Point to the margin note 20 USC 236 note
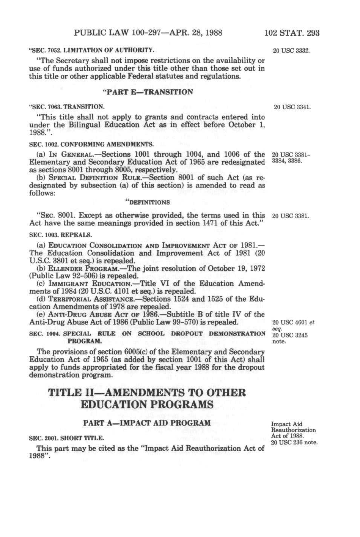click(x=294, y=443)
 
